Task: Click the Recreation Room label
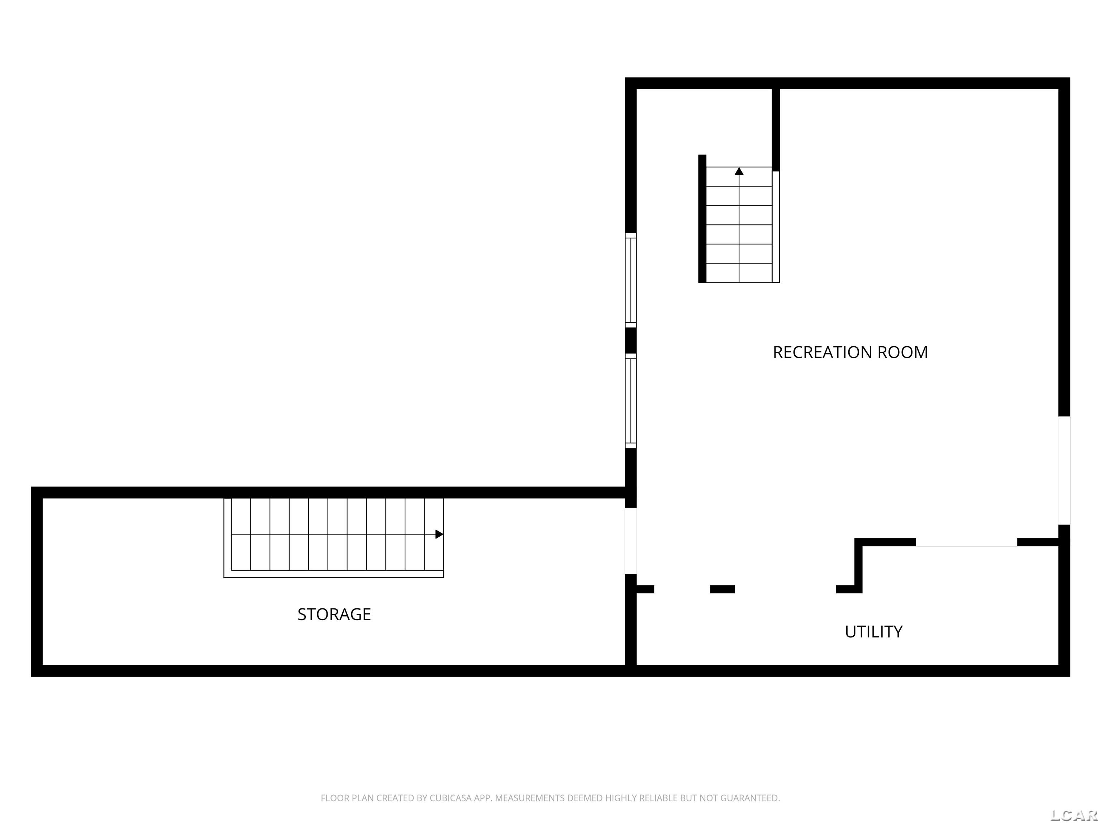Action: [850, 352]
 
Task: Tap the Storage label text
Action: [334, 614]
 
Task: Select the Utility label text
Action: [873, 632]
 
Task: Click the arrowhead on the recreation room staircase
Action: [739, 171]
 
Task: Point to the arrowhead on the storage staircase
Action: [439, 534]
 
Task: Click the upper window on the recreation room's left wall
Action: [631, 280]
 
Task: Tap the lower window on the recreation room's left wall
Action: [631, 401]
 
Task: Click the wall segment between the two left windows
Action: [631, 341]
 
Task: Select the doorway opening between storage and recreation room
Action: [631, 541]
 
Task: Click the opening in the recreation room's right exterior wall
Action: [1064, 470]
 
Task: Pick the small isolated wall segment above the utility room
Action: [722, 589]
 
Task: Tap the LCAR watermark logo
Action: [1074, 815]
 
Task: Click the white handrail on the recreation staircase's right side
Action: [776, 227]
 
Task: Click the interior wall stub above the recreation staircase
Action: [776, 129]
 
